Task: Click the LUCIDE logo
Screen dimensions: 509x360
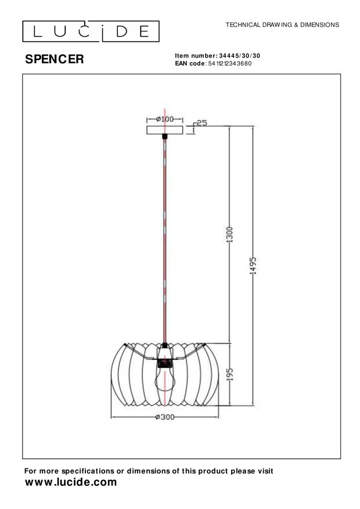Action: pyautogui.click(x=91, y=31)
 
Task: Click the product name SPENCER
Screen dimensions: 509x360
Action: pyautogui.click(x=55, y=59)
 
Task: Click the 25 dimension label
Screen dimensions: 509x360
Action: pyautogui.click(x=202, y=122)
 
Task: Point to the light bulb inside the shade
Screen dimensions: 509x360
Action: pyautogui.click(x=165, y=380)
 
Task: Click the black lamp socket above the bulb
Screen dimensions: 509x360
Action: pyautogui.click(x=165, y=364)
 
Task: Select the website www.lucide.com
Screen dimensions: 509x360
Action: pyautogui.click(x=71, y=482)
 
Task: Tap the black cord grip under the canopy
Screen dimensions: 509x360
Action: pyautogui.click(x=165, y=137)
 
